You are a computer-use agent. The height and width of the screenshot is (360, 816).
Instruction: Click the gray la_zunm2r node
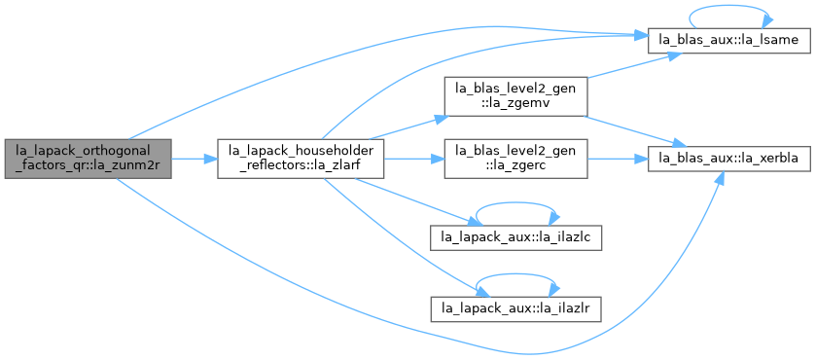(x=88, y=159)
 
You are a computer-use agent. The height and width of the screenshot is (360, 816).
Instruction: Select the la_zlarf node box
(x=301, y=159)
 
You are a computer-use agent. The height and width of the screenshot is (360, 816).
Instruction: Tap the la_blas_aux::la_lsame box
(x=728, y=42)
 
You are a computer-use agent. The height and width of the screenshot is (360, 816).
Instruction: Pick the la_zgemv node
(x=515, y=96)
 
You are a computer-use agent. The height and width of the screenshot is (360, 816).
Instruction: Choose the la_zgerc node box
(x=515, y=159)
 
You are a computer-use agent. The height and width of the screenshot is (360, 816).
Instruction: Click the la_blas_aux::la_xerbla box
(x=728, y=159)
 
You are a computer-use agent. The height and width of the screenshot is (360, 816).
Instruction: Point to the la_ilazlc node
(x=515, y=238)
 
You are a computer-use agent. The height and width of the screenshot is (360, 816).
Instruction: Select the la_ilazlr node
(x=515, y=310)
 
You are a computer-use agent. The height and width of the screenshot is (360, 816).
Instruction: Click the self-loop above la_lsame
(x=728, y=6)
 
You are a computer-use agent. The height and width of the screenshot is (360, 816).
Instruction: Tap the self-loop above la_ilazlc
(x=515, y=202)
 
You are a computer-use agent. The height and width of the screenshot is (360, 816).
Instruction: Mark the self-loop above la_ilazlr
(x=515, y=274)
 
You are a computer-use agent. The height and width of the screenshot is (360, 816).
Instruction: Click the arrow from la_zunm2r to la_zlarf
(x=195, y=159)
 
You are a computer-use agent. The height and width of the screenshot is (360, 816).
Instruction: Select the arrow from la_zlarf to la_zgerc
(x=413, y=159)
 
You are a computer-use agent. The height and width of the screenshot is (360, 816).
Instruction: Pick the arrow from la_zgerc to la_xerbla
(x=618, y=159)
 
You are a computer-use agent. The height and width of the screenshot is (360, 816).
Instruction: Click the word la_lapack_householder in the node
(x=301, y=151)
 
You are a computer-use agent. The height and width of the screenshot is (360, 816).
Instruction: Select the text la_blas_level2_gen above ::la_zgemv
(x=515, y=89)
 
